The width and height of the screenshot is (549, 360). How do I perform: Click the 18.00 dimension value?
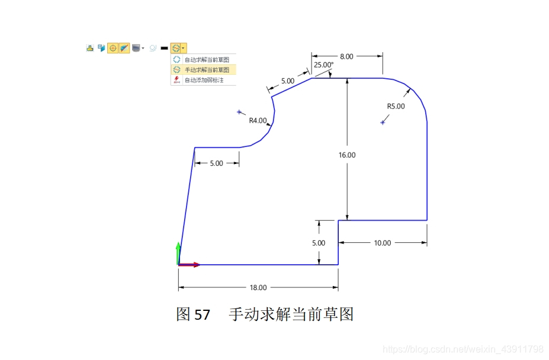point(258,288)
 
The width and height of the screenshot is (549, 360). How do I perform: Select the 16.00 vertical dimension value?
point(347,155)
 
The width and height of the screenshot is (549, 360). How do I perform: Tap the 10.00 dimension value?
point(383,243)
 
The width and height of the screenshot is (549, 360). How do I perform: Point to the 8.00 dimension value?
point(346,56)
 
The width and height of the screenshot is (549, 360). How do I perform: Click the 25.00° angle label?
point(324,65)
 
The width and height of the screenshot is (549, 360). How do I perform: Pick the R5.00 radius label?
point(396,107)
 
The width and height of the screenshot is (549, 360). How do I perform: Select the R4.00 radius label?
point(258,120)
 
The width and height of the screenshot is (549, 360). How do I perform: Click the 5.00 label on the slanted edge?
point(287,81)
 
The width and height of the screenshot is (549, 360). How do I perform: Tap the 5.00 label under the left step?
point(217,163)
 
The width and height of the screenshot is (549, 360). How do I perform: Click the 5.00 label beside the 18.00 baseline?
point(319,243)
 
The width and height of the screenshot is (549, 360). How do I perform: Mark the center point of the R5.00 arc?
point(383,123)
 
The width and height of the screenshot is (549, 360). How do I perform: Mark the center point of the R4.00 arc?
point(239,112)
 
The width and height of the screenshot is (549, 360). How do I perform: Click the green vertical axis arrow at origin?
point(178,251)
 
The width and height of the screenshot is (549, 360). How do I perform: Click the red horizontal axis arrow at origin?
point(193,265)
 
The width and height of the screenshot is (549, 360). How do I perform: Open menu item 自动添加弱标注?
point(204,80)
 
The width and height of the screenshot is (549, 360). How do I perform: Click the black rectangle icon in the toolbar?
point(164,48)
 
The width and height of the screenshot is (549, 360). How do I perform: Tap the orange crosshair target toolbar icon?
point(113,48)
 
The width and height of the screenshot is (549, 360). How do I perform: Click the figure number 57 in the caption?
point(202,314)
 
